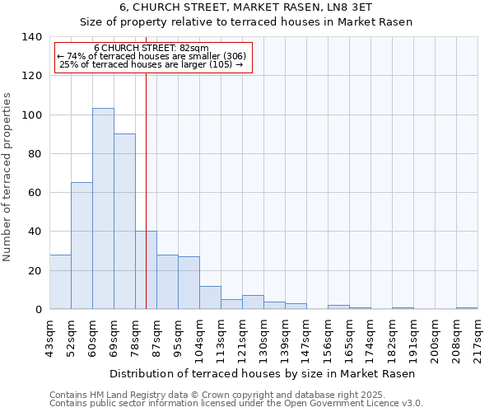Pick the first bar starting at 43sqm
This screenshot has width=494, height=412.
60,282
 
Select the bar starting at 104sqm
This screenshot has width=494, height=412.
210,297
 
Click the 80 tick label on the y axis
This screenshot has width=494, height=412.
35,154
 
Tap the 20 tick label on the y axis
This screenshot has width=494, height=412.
35,271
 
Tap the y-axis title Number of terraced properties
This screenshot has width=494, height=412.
7,177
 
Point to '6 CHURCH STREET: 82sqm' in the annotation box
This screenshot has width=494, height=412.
151,49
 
